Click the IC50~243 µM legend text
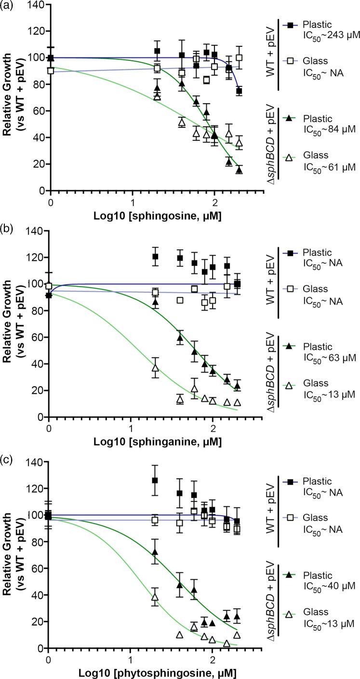point(327,35)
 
